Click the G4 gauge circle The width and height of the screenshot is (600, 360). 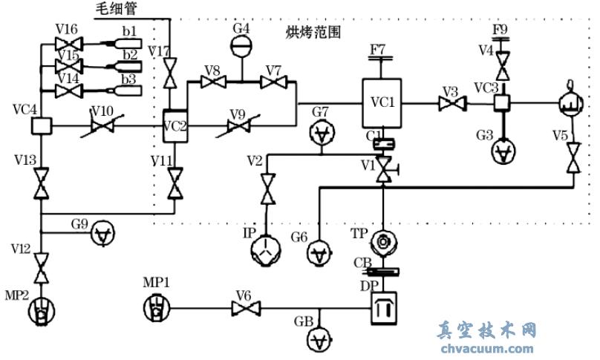click(x=241, y=47)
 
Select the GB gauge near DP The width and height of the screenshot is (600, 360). click(x=321, y=340)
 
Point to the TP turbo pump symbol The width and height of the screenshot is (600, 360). click(x=383, y=240)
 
